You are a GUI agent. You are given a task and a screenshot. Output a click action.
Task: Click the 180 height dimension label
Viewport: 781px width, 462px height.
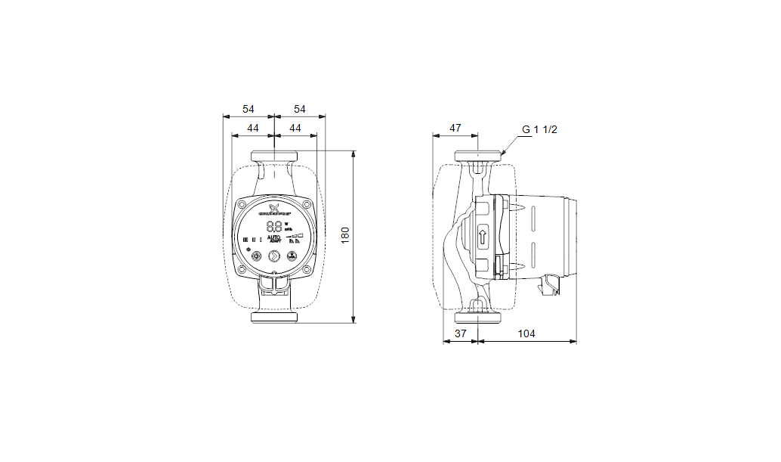345,236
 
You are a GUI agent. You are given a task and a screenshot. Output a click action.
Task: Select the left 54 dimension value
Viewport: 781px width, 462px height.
248,109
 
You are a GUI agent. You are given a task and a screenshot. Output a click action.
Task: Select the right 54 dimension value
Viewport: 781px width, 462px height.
299,109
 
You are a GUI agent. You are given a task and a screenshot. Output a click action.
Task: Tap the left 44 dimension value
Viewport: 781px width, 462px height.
253,129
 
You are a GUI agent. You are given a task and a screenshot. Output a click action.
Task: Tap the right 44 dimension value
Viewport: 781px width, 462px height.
295,129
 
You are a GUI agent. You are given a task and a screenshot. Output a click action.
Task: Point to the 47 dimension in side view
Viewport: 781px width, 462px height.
455,129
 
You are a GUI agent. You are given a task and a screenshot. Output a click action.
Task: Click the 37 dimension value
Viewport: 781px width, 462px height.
460,333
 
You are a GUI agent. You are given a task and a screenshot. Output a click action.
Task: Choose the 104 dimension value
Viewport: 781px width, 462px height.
527,333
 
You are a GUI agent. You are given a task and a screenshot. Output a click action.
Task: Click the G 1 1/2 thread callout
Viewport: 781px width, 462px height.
539,129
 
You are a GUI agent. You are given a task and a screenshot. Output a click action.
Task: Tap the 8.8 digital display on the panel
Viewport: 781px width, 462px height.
273,226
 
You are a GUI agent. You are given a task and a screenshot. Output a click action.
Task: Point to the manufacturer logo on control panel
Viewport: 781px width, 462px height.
274,209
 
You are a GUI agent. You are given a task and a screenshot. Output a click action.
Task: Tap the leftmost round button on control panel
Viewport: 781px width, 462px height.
256,256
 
